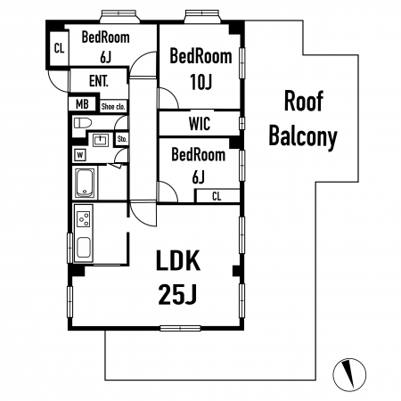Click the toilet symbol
point(82,123)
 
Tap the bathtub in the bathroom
point(86,183)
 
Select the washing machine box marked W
point(80,155)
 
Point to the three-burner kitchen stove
point(84,219)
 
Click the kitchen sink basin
point(84,247)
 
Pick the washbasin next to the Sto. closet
point(101,140)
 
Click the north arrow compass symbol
point(349,373)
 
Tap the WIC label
point(200,124)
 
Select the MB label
point(82,104)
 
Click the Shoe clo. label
point(113,106)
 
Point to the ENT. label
point(99,81)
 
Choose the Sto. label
point(122,139)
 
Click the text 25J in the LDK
point(177,294)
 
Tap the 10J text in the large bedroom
point(201,82)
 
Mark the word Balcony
point(303,137)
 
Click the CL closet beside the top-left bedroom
point(59,48)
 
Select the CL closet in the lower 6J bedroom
point(217,196)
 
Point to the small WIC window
point(242,123)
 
